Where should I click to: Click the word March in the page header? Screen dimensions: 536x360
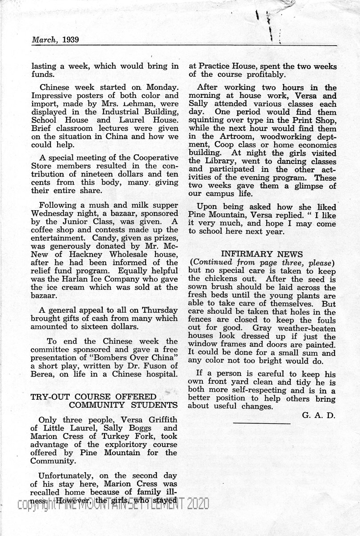[43, 40]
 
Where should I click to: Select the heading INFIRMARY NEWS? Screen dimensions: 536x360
[262, 254]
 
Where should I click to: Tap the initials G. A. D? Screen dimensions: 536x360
[318, 415]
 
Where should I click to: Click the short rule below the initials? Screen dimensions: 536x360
[262, 423]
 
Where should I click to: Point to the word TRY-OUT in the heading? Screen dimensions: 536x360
[47, 397]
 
